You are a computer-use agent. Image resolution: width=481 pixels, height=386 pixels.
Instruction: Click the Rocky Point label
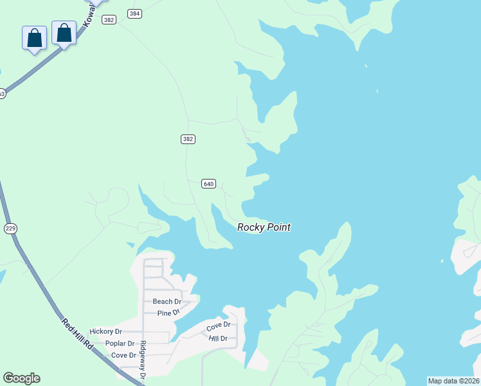pyautogui.click(x=264, y=227)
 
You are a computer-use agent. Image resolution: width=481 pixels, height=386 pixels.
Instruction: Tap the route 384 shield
pyautogui.click(x=134, y=14)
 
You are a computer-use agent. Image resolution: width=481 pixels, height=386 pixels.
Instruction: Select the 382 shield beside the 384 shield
pyautogui.click(x=109, y=20)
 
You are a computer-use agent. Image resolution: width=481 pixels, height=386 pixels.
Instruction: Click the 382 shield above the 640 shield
pyautogui.click(x=187, y=139)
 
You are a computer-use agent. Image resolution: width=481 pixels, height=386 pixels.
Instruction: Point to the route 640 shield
pyautogui.click(x=208, y=184)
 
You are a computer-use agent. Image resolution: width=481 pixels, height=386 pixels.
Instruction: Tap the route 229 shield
pyautogui.click(x=10, y=228)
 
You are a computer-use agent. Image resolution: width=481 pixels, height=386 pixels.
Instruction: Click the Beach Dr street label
pyautogui.click(x=167, y=302)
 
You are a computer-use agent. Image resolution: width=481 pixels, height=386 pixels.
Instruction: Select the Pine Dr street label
pyautogui.click(x=168, y=313)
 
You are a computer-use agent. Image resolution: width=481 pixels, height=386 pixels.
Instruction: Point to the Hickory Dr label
pyautogui.click(x=105, y=331)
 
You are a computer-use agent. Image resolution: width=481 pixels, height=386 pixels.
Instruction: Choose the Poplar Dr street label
pyautogui.click(x=120, y=344)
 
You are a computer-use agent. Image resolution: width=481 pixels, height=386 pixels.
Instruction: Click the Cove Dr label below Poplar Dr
pyautogui.click(x=123, y=355)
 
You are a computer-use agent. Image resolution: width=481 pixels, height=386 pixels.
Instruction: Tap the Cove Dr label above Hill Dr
pyautogui.click(x=218, y=327)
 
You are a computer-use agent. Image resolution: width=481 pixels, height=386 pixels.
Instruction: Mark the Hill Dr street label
pyautogui.click(x=218, y=338)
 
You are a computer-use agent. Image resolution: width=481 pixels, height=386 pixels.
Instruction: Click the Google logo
pyautogui.click(x=21, y=378)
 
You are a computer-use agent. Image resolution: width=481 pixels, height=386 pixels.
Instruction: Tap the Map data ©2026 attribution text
pyautogui.click(x=453, y=381)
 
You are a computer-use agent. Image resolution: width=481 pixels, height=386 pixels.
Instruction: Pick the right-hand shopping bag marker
pyautogui.click(x=64, y=32)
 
